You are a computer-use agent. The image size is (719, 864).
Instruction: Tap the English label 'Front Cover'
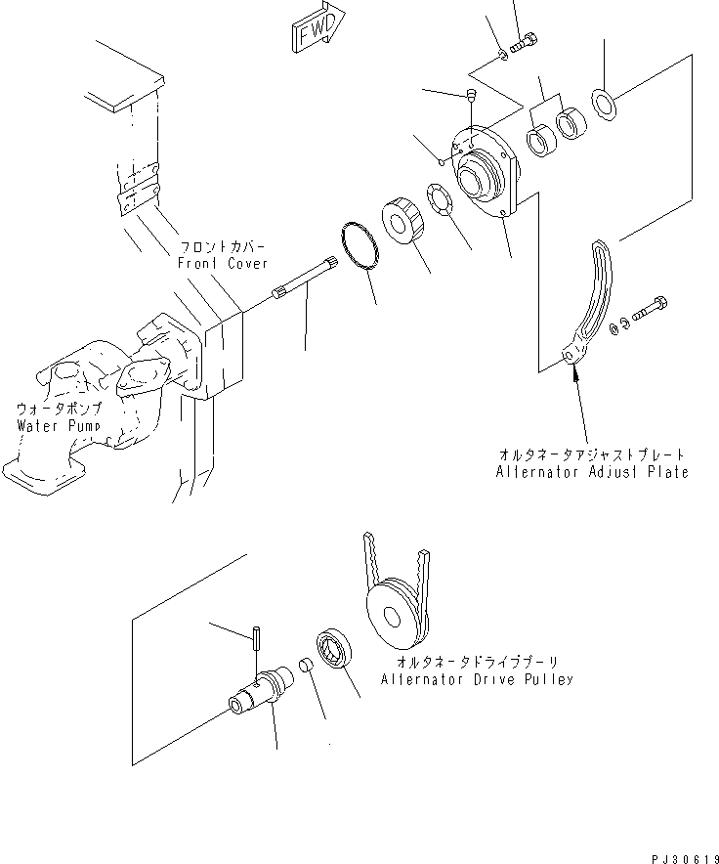click(x=222, y=263)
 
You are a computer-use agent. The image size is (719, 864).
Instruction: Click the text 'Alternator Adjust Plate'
click(x=591, y=472)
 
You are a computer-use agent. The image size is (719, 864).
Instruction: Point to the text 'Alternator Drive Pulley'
click(x=477, y=679)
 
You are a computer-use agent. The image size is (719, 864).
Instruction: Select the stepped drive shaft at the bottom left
click(x=260, y=695)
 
